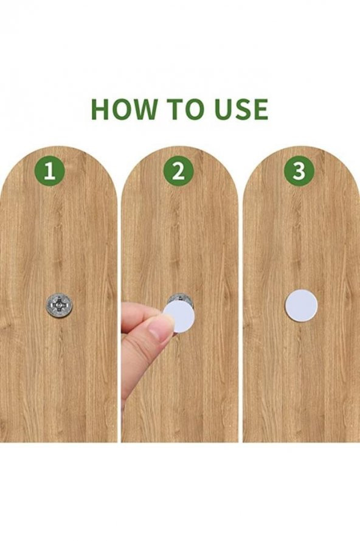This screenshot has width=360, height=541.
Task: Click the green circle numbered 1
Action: point(50,171)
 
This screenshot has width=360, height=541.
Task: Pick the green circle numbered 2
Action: point(179,171)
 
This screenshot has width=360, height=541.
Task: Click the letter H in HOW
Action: point(100,110)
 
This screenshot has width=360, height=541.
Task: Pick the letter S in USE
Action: point(243,110)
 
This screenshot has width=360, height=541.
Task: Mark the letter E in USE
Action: point(261,110)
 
